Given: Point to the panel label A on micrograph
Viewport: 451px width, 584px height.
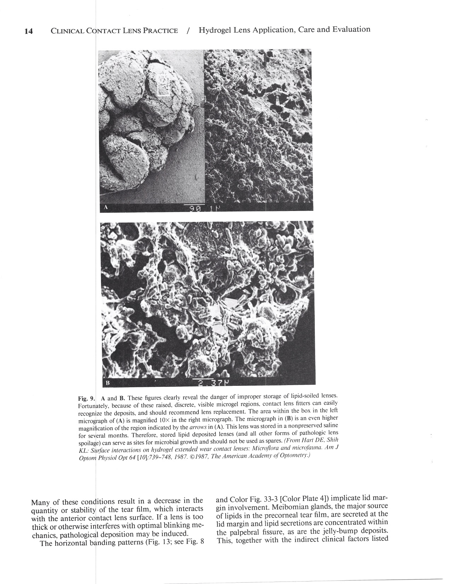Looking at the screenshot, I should point(105,208).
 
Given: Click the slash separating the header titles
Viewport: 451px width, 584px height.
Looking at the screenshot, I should point(188,31).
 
